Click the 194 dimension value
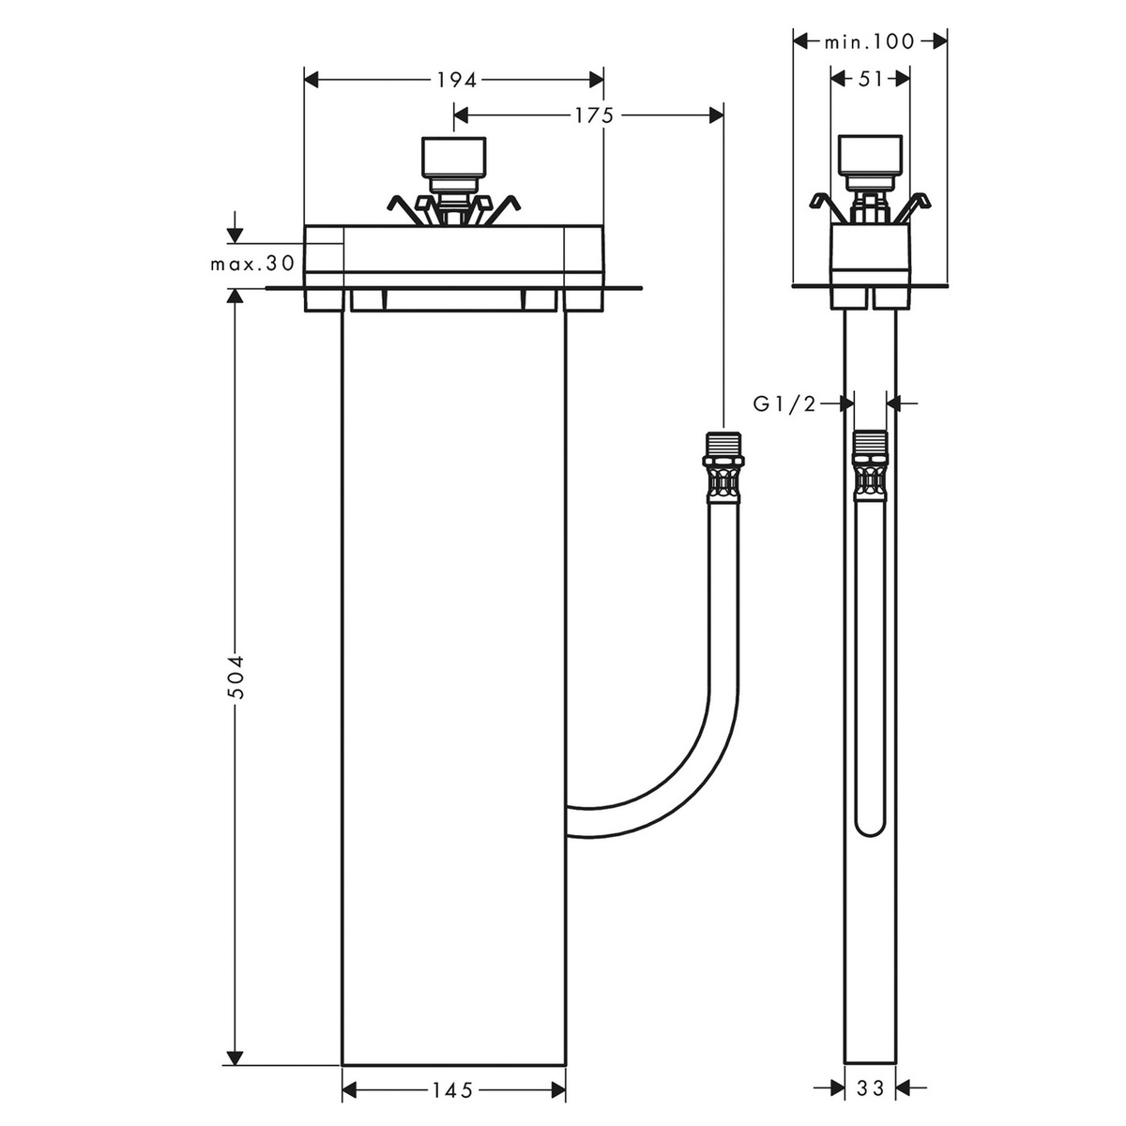(x=457, y=80)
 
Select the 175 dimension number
(x=594, y=115)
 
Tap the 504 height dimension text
(x=235, y=677)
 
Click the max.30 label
(x=252, y=264)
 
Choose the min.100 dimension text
(x=870, y=41)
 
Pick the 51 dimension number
(x=870, y=79)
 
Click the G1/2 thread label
(x=784, y=403)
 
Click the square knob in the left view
(x=454, y=157)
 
